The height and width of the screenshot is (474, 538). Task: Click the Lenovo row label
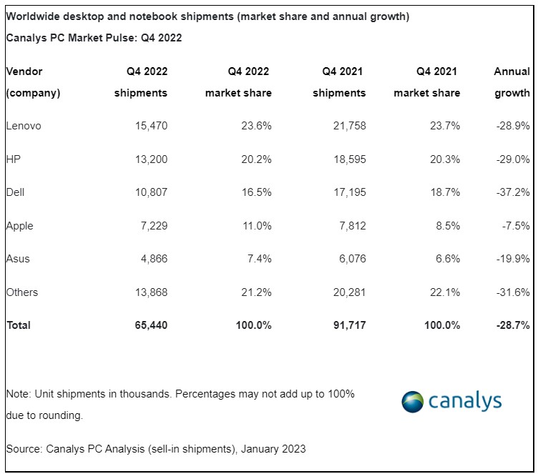[24, 126]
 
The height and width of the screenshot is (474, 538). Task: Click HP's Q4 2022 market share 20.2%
[255, 159]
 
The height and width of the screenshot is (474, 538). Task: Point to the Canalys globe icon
[413, 401]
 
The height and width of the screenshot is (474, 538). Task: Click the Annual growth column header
[512, 82]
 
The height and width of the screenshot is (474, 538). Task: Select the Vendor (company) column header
[33, 82]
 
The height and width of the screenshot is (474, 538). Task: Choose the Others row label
[22, 292]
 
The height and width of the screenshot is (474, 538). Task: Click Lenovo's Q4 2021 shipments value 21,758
[348, 126]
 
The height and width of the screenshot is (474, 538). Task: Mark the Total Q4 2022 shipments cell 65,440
[150, 325]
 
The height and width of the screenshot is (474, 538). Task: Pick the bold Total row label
[19, 325]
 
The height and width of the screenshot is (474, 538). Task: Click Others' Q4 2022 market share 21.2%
[255, 292]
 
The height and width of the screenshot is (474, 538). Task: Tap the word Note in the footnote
[17, 394]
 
